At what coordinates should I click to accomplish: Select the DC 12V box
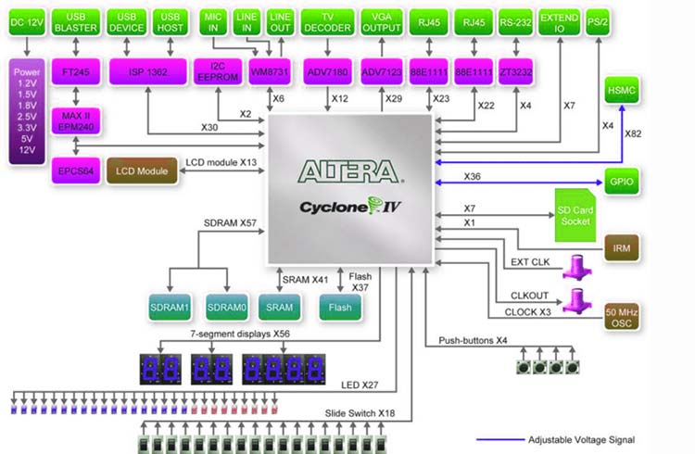tap(26, 22)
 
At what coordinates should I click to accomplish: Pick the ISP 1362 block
tap(149, 71)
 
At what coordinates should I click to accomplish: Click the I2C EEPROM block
tap(218, 71)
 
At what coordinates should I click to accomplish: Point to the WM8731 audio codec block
tap(267, 71)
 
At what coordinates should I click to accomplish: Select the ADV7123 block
tap(382, 71)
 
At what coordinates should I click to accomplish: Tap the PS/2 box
tap(607, 22)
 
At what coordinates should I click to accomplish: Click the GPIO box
tap(622, 180)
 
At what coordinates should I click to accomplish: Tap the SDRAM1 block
tap(170, 306)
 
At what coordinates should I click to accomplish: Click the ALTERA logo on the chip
tap(348, 171)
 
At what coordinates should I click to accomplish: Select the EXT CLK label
tap(529, 262)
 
